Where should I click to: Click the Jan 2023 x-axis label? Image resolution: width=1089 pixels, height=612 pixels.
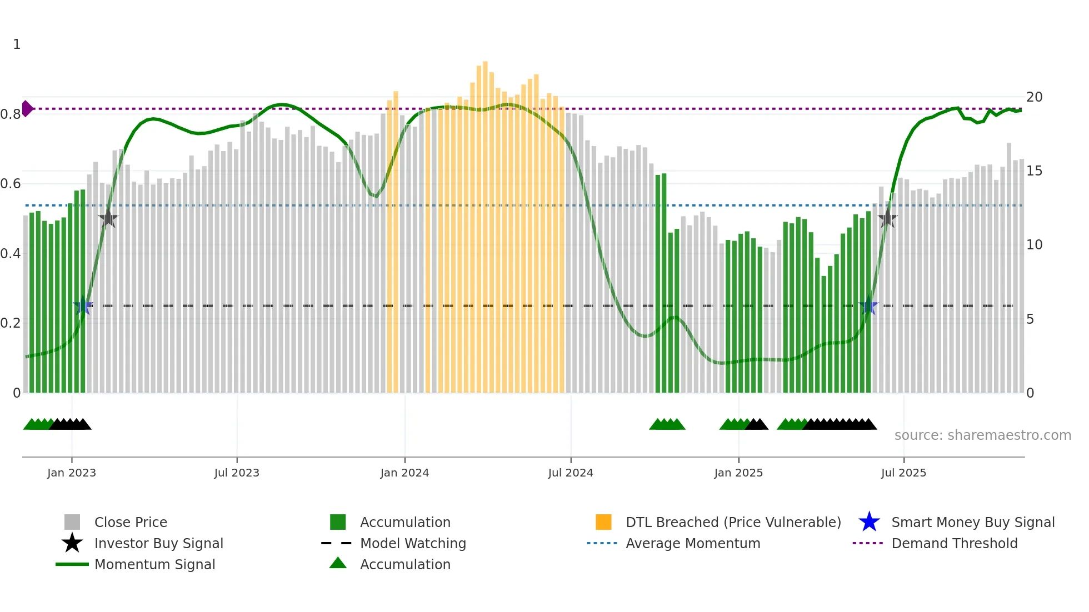72,473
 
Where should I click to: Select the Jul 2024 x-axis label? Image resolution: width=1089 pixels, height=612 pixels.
571,473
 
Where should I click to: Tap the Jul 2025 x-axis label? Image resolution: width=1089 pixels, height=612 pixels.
903,473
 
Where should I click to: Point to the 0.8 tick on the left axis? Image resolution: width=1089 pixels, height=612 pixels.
11,114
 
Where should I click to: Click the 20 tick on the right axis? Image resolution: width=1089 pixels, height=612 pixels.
1034,97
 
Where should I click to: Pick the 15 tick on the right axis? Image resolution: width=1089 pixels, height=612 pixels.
1034,171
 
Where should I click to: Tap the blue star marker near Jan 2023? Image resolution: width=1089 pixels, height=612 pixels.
83,305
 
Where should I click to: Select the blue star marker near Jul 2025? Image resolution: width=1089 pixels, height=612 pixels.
868,306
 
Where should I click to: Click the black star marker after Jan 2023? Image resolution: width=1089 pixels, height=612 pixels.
108,219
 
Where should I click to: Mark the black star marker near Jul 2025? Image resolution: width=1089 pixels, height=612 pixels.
888,218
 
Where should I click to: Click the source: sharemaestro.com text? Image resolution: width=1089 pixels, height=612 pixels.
982,435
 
